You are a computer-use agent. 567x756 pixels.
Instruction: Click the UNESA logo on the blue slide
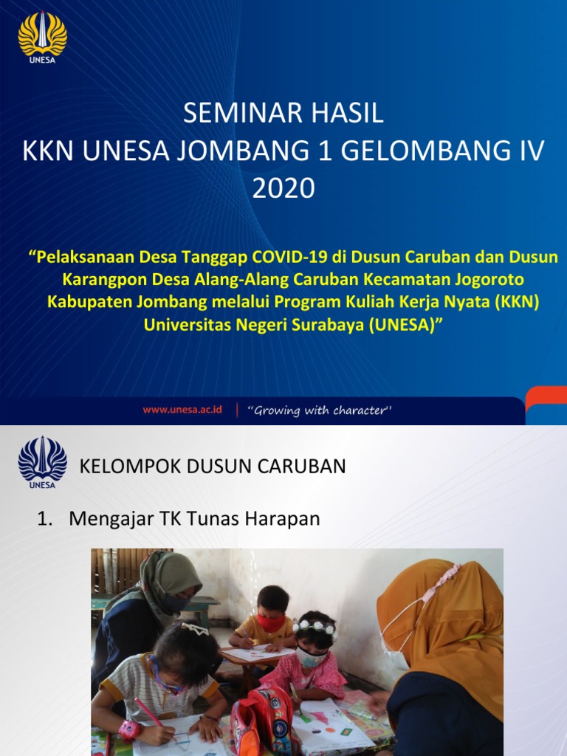pos(42,35)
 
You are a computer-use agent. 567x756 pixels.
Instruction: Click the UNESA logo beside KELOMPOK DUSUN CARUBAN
pos(42,462)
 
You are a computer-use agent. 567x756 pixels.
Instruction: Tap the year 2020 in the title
pos(283,189)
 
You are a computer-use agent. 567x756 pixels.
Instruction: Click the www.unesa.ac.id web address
pos(182,410)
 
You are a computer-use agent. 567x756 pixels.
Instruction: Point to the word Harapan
pos(286,519)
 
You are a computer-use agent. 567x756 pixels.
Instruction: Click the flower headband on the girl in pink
pos(315,626)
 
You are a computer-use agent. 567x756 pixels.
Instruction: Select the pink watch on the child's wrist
pos(130,729)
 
